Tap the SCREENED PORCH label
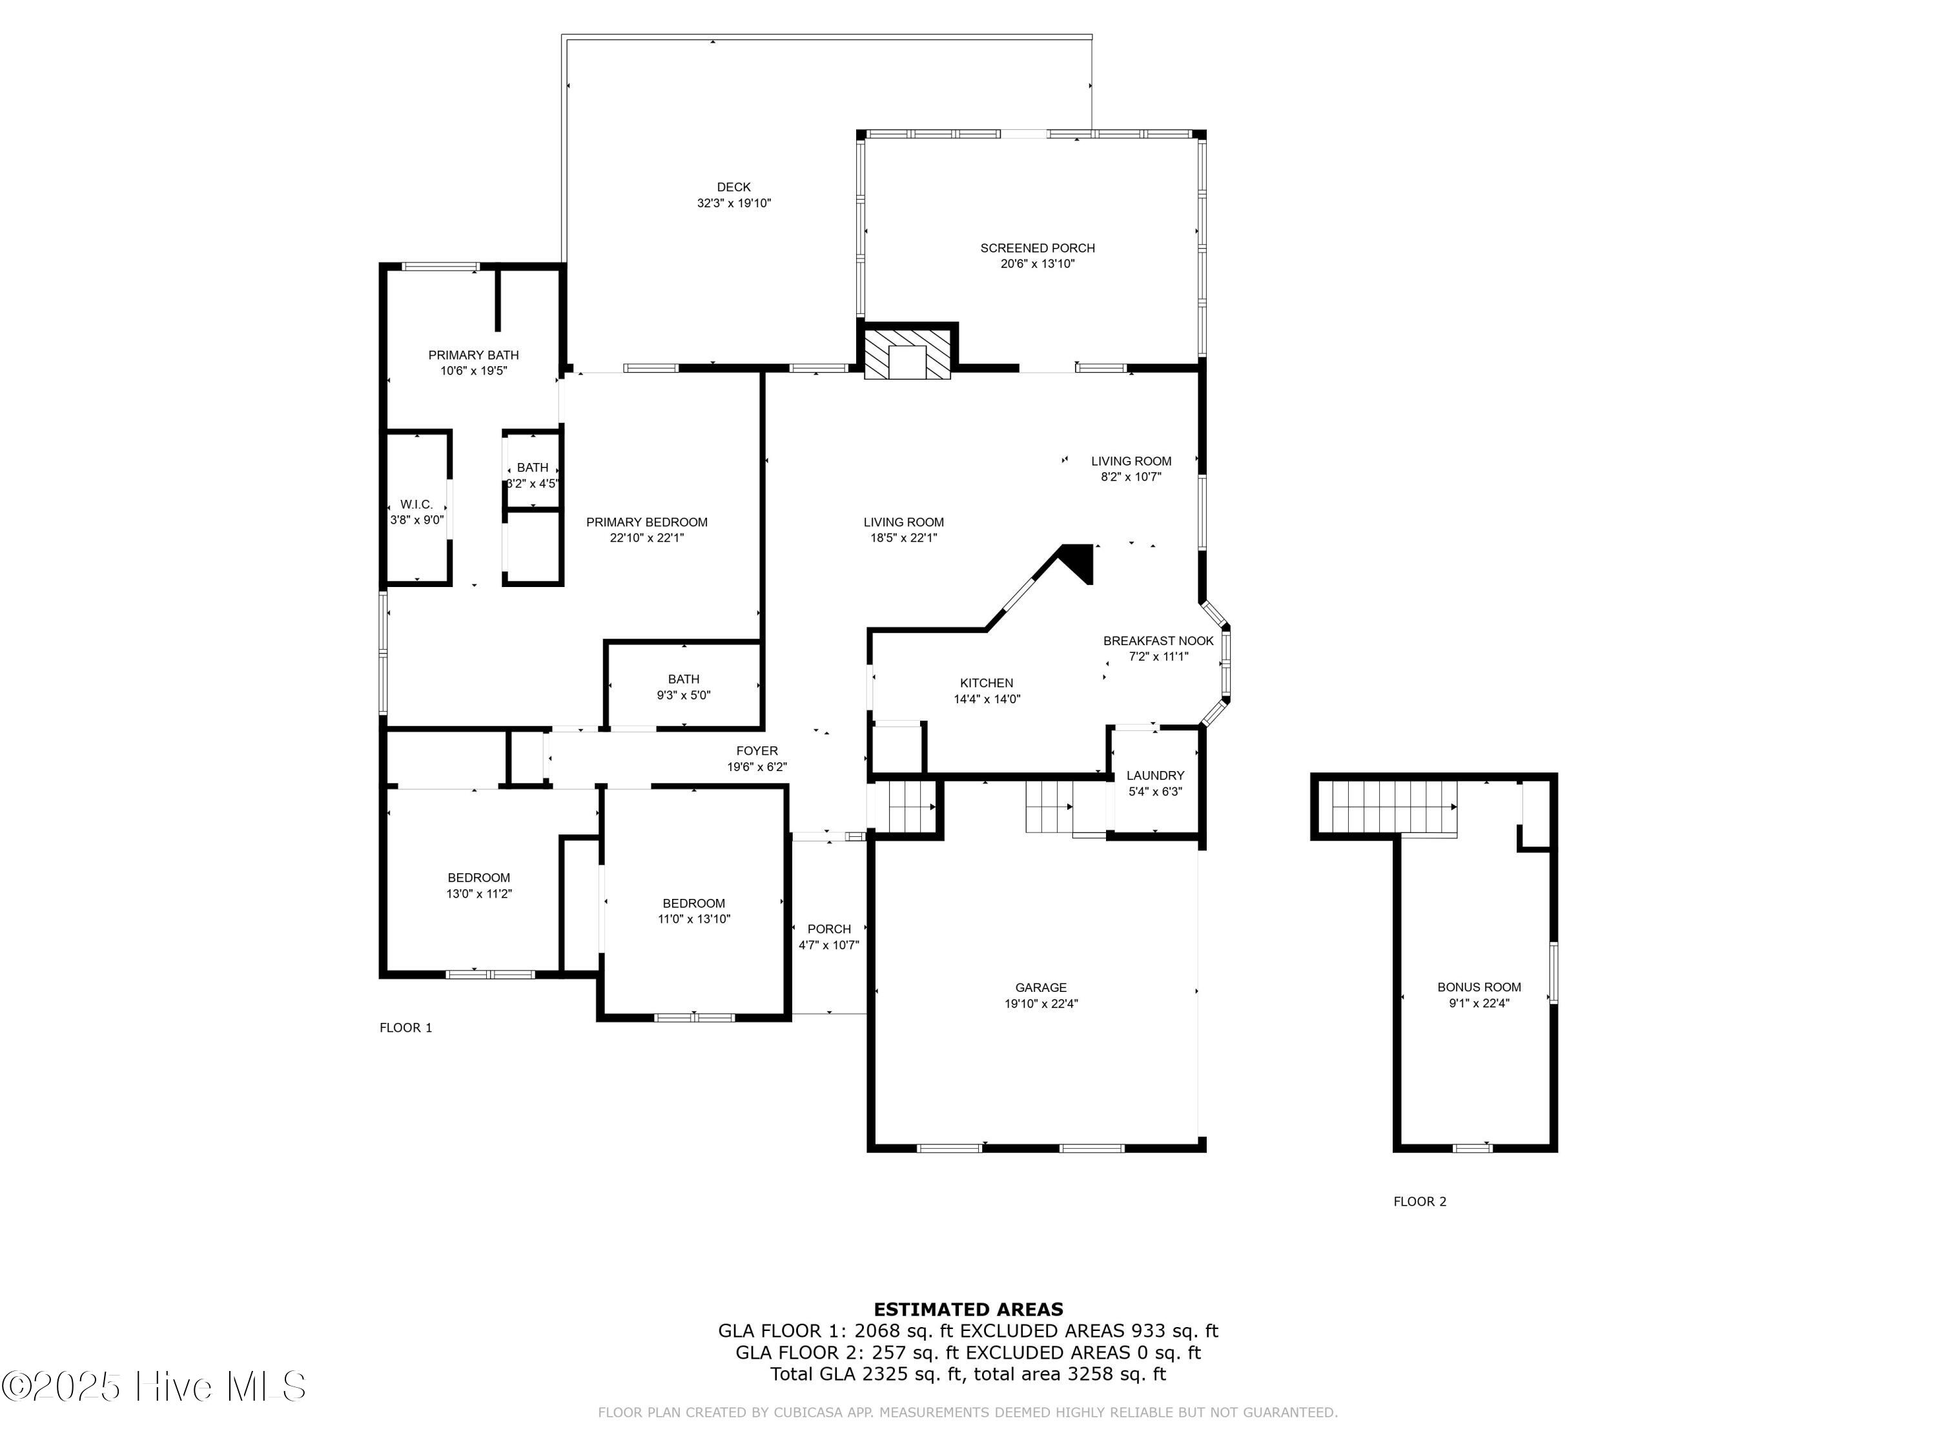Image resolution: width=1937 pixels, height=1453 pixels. (x=1037, y=248)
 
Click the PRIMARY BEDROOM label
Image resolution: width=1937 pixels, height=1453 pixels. (x=646, y=522)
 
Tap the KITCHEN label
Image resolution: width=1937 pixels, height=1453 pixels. (x=986, y=683)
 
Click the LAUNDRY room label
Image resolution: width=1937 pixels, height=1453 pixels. (x=1154, y=775)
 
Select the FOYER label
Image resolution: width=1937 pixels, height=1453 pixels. (x=757, y=750)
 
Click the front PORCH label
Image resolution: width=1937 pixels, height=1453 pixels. (x=828, y=929)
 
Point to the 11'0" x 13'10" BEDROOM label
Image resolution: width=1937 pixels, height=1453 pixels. (x=693, y=903)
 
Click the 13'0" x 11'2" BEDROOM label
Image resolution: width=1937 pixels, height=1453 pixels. (x=478, y=878)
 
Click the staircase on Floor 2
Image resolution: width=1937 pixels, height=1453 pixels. (x=1392, y=806)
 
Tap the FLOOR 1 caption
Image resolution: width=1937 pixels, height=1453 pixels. (x=405, y=1027)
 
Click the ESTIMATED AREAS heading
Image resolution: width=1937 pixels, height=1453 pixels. (x=968, y=1310)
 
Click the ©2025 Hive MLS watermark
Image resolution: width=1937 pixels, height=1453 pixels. (x=153, y=1386)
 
